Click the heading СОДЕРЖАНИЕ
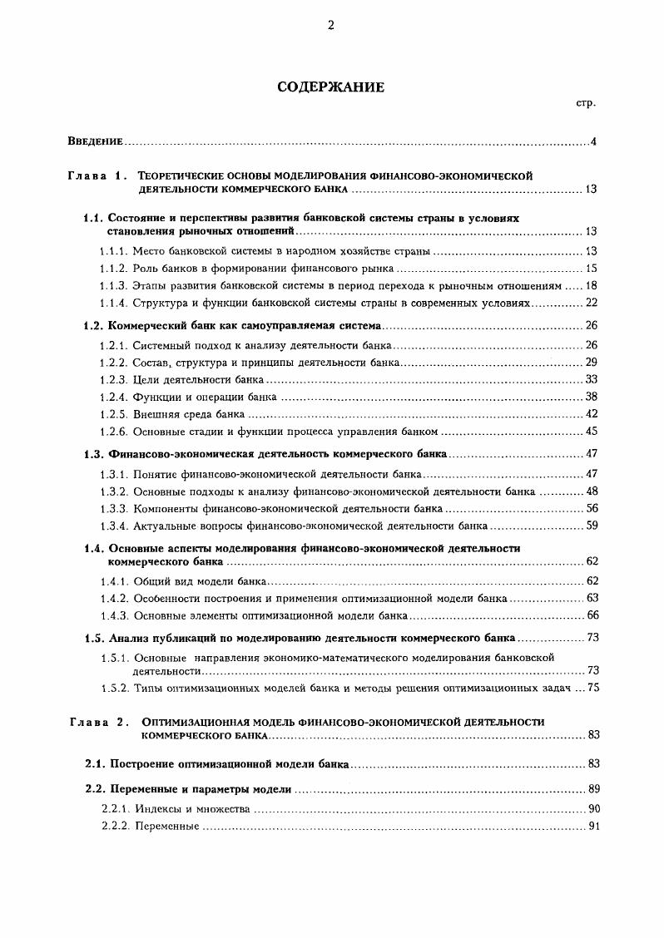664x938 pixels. tap(331, 87)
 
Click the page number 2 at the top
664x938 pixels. tap(330, 25)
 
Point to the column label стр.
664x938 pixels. tap(585, 104)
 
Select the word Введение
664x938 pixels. tap(96, 141)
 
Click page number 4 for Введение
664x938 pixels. tap(593, 141)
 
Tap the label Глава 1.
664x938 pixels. tap(98, 175)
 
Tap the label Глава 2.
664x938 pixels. tap(98, 722)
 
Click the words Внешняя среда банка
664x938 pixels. tap(189, 413)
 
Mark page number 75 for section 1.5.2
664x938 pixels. tap(592, 688)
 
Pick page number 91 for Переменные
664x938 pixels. tap(592, 827)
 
